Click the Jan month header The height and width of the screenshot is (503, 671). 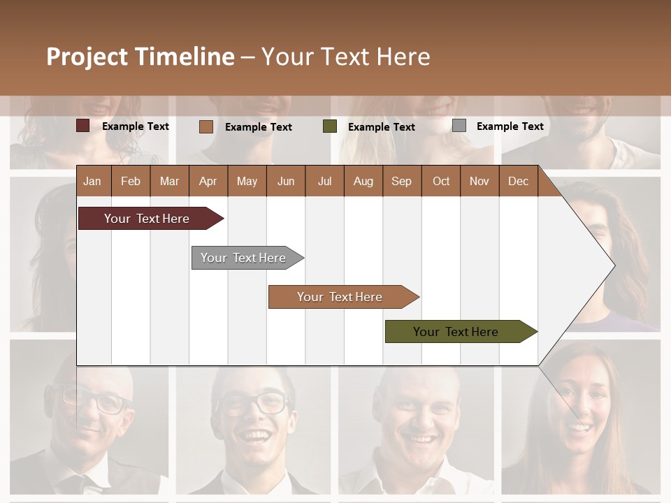(92, 182)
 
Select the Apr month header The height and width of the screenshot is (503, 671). (208, 182)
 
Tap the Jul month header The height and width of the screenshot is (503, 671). (324, 182)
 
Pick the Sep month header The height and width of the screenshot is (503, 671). (401, 182)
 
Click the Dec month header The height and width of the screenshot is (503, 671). (518, 182)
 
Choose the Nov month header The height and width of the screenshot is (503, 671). (479, 182)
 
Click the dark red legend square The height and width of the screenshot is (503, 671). (83, 126)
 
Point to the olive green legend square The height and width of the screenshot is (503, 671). (330, 126)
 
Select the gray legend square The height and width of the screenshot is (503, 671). (459, 126)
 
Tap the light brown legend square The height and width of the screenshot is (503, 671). (206, 126)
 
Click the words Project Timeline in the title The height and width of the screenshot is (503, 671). (140, 57)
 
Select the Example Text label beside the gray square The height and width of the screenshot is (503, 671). (510, 126)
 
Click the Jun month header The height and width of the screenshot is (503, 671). (285, 182)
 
